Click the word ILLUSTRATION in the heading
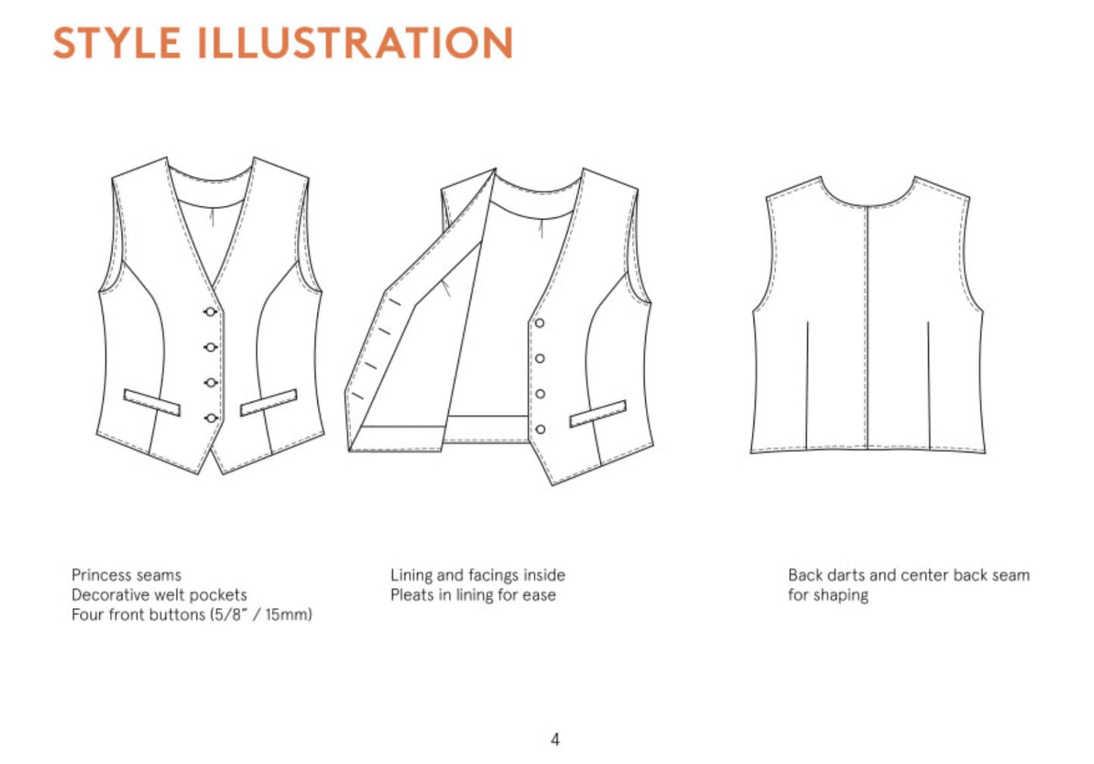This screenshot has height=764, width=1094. click(355, 42)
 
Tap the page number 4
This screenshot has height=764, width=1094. click(555, 739)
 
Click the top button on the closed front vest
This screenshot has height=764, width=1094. click(210, 312)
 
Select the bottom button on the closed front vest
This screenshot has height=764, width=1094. click(211, 418)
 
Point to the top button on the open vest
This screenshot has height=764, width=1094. click(540, 323)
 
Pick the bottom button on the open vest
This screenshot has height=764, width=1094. click(540, 429)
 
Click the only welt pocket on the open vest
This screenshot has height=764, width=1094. click(598, 413)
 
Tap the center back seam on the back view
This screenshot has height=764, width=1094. click(868, 327)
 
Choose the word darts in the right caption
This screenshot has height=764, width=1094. click(849, 575)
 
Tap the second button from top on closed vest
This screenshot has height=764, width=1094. click(210, 348)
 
